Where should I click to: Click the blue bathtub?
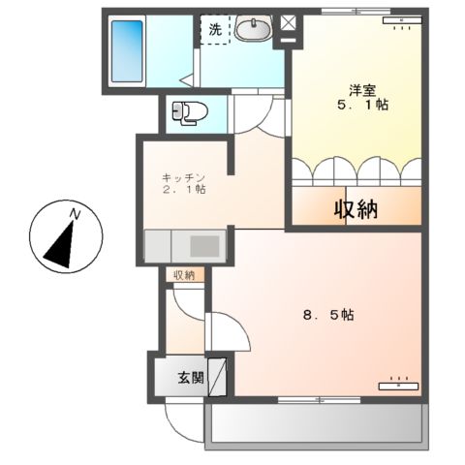pyautogui.click(x=127, y=49)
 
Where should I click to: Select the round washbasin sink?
pyautogui.click(x=254, y=31)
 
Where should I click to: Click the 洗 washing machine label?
pyautogui.click(x=215, y=30)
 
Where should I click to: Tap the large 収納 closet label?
pyautogui.click(x=356, y=208)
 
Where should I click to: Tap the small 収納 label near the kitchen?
pyautogui.click(x=184, y=276)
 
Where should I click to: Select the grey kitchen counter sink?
pyautogui.click(x=204, y=246)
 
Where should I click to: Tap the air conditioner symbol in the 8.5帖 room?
pyautogui.click(x=399, y=384)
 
